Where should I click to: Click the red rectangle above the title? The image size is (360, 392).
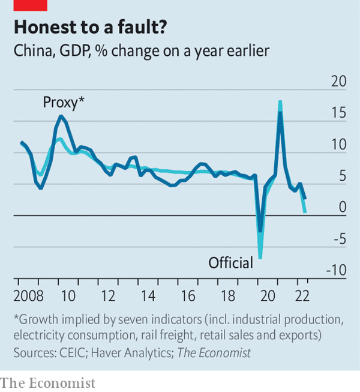tap(30, 5)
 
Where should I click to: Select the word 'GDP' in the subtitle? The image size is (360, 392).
tap(74, 51)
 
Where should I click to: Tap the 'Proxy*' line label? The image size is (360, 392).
tap(64, 103)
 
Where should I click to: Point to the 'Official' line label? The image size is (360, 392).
tap(231, 263)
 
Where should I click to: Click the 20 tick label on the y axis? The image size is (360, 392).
tap(339, 81)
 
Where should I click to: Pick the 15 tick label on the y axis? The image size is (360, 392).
tap(339, 113)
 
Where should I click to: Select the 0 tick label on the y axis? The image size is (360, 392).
tap(343, 207)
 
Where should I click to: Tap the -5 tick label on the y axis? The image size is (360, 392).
tap(340, 239)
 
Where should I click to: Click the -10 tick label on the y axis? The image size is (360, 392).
tap(337, 270)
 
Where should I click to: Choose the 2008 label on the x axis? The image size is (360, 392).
tap(28, 296)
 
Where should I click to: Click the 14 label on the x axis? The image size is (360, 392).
tap(148, 296)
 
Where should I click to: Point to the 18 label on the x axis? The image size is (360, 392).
tap(228, 296)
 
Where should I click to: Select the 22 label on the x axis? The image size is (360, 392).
tap(302, 296)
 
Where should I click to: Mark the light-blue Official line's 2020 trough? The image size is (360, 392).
tap(260, 258)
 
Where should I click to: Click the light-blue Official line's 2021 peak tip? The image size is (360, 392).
tap(280, 101)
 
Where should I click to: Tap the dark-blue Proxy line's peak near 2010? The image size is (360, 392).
tap(61, 116)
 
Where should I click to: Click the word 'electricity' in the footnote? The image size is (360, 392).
tap(39, 336)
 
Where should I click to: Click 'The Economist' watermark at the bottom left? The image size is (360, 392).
tap(48, 383)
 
